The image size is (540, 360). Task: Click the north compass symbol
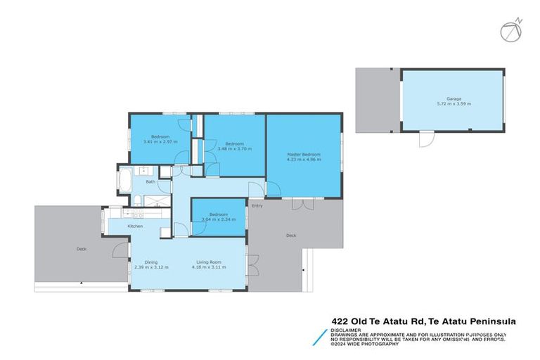click(x=512, y=30)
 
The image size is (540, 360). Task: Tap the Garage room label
click(x=454, y=99)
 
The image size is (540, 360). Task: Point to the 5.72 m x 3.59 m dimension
click(x=454, y=104)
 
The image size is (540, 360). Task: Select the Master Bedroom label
click(x=304, y=155)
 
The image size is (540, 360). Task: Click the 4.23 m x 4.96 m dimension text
click(x=304, y=160)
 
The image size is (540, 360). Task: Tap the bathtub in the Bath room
click(x=124, y=180)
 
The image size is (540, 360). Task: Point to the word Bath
click(x=150, y=182)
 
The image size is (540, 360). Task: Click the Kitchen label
click(x=136, y=226)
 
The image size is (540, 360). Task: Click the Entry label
click(x=257, y=206)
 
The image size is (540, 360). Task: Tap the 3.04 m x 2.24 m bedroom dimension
click(x=218, y=219)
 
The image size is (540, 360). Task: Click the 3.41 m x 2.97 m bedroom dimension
click(x=160, y=141)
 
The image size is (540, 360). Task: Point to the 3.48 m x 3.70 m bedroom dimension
click(x=233, y=148)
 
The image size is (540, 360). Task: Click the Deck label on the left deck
click(x=82, y=250)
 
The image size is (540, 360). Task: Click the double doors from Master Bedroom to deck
click(x=302, y=204)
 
